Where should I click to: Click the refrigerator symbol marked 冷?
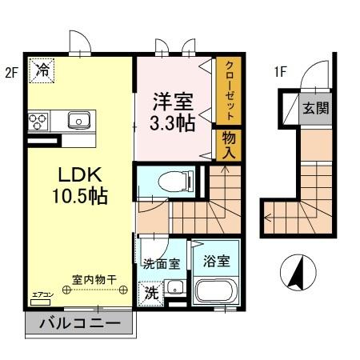coord(42,70)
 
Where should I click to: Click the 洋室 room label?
coord(172,102)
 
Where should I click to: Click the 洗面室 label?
coord(160,262)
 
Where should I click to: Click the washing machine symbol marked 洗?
coord(151,293)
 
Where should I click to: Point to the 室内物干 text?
coord(94,279)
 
